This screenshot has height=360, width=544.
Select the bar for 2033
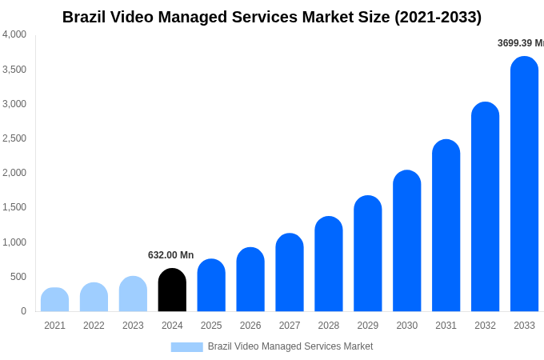(x=524, y=184)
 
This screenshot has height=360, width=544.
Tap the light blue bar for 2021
(x=54, y=300)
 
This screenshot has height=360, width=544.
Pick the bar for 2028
(x=329, y=264)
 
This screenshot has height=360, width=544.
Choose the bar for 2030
(x=406, y=241)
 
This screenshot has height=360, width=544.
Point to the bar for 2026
(x=250, y=279)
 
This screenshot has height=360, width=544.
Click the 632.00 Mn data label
(x=170, y=255)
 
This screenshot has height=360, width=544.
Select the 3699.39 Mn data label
(x=520, y=43)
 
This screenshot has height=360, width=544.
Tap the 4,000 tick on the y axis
(x=14, y=34)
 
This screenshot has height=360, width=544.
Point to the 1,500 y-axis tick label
(x=14, y=207)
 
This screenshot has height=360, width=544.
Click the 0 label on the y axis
(x=23, y=311)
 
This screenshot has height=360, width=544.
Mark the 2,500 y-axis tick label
(x=14, y=138)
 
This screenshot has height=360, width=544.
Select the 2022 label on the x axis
(x=94, y=326)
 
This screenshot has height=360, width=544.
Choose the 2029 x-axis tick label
(x=368, y=326)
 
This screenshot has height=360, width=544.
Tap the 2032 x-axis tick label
(x=485, y=326)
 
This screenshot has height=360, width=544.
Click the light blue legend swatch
(x=186, y=347)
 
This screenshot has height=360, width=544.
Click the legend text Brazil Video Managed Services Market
(x=290, y=346)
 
